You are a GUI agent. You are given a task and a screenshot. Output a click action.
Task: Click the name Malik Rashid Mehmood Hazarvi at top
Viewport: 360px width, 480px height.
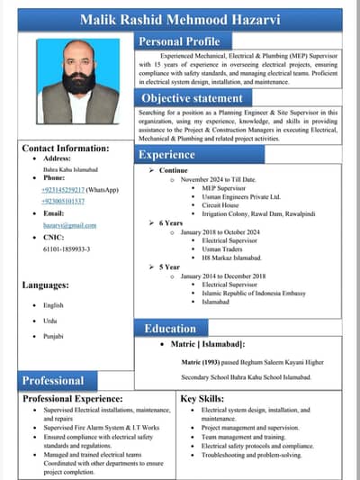pos(179,18)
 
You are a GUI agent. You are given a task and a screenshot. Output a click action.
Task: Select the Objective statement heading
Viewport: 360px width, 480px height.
pos(192,97)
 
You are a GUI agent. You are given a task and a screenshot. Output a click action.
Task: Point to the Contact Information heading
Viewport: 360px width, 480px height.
pos(66,148)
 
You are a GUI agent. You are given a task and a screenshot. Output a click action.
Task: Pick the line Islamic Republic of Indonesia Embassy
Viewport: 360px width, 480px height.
pos(254,293)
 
